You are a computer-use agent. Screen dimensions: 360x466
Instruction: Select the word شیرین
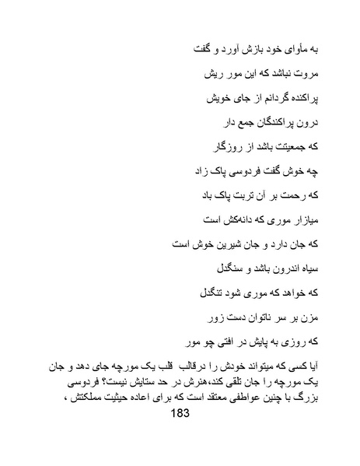pos(221,243)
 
